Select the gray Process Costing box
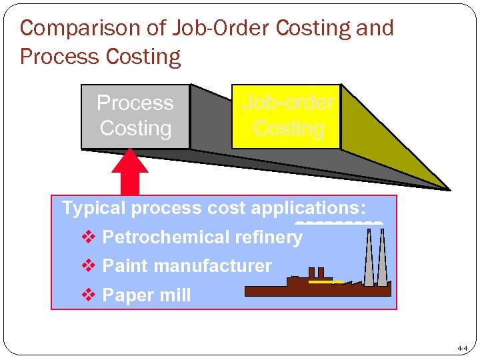coord(135,116)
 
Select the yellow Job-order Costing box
coord(285,116)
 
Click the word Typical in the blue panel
coord(93,208)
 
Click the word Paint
coord(124,266)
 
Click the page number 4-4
coord(462,349)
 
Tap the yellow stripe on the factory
coord(325,282)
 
